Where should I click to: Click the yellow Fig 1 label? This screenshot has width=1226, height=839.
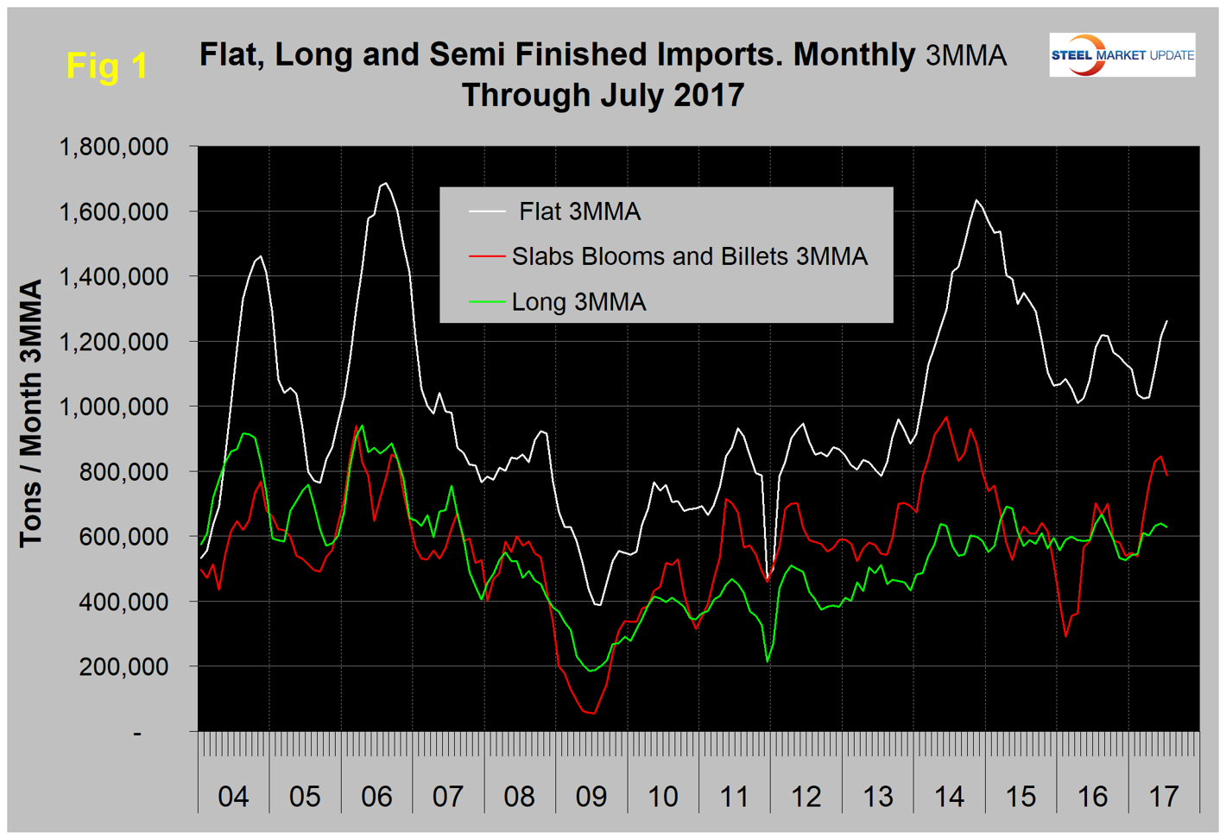(x=107, y=66)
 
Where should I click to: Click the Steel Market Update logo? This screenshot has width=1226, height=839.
(x=1122, y=55)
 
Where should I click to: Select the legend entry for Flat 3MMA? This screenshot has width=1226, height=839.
(x=579, y=211)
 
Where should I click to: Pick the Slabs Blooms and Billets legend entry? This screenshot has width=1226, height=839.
(x=689, y=256)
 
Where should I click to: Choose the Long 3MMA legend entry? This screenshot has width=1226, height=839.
(x=578, y=302)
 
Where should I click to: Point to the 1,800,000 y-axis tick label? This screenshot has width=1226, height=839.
(x=113, y=147)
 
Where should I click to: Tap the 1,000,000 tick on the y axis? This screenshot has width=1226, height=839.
(x=113, y=407)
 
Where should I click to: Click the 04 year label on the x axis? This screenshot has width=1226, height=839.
(x=233, y=796)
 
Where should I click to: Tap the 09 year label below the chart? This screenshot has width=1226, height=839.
(x=591, y=796)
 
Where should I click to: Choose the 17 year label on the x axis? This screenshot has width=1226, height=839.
(x=1164, y=796)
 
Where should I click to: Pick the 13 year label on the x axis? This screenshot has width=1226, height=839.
(x=878, y=796)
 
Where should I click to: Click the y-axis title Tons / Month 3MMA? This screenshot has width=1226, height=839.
(x=31, y=413)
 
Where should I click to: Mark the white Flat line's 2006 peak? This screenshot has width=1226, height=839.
(x=385, y=183)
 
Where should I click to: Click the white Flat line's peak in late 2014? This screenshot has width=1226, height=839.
(x=976, y=200)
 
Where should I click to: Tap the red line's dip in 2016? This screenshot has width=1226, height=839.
(x=1066, y=636)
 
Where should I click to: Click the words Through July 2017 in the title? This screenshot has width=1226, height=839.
(x=603, y=94)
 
